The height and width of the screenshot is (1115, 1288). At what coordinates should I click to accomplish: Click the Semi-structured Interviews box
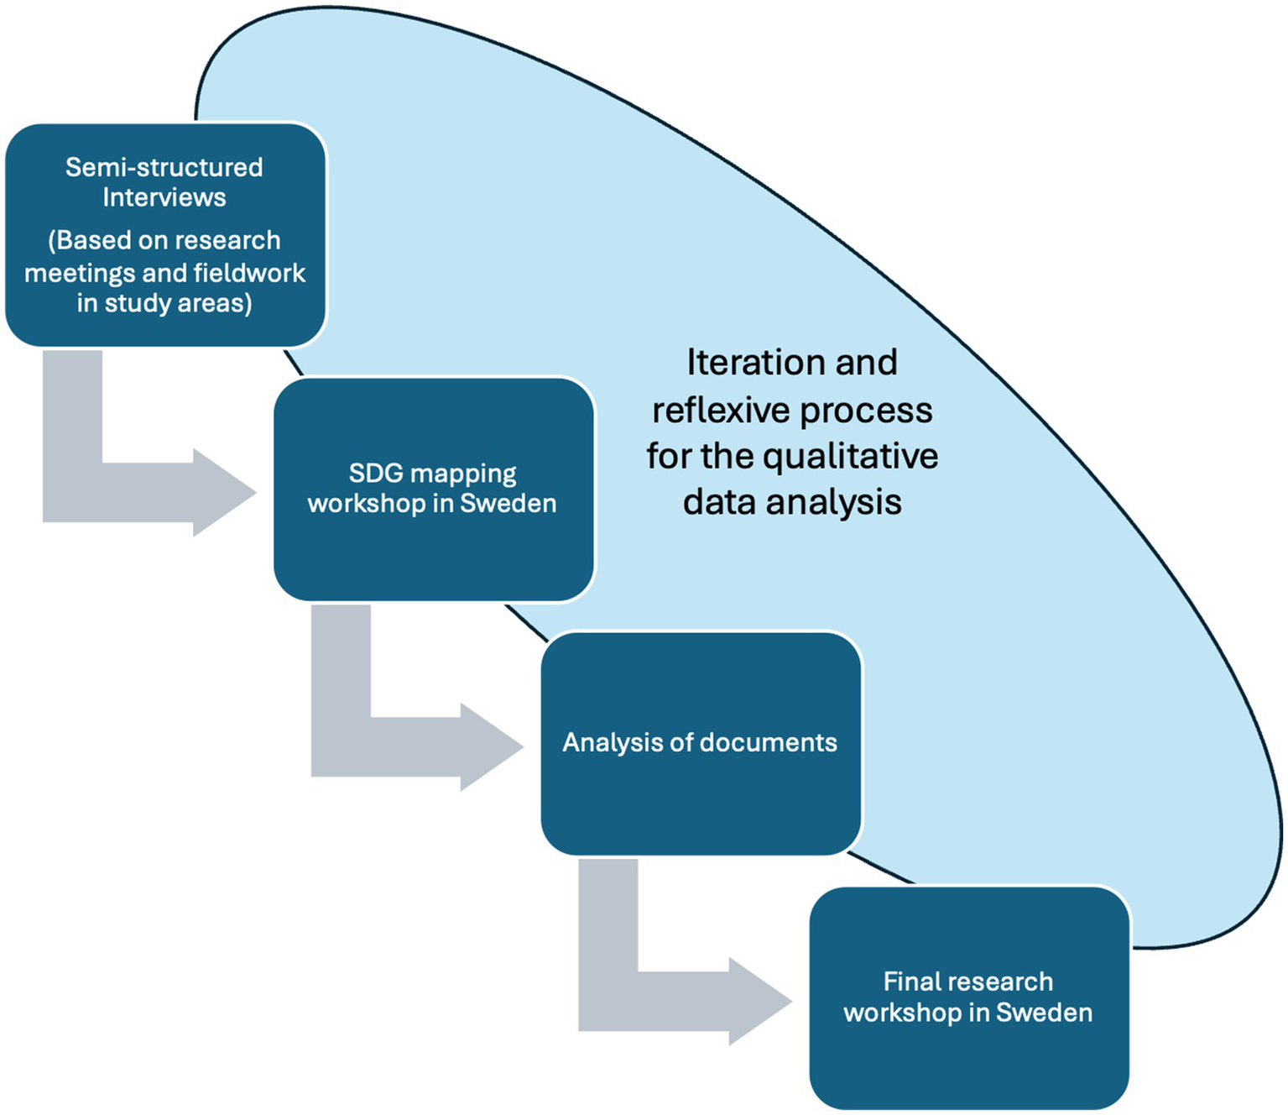[165, 235]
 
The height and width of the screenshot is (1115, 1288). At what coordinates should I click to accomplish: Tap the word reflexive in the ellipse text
[720, 411]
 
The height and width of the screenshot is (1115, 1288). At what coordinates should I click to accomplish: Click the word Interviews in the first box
[164, 197]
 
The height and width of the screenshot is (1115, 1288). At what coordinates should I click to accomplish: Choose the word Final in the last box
[908, 982]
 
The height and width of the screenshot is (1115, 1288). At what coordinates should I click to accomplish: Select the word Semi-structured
[164, 167]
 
